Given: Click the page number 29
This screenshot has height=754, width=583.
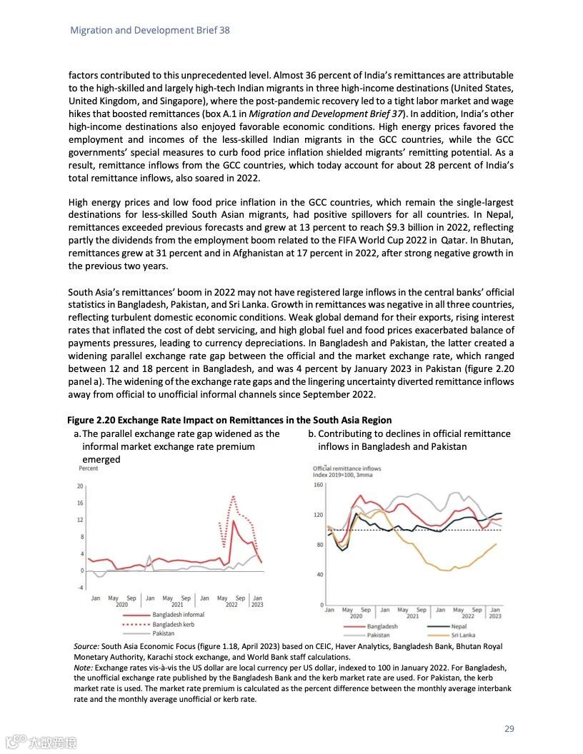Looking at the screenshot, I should pyautogui.click(x=509, y=729).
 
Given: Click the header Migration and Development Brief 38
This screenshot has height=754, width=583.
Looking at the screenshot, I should pyautogui.click(x=149, y=31).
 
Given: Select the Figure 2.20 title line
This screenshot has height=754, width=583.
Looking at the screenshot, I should pyautogui.click(x=229, y=420).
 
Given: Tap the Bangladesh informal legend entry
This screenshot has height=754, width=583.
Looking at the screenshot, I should pyautogui.click(x=178, y=614).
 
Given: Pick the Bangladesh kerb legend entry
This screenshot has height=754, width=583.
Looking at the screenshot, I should pyautogui.click(x=174, y=623).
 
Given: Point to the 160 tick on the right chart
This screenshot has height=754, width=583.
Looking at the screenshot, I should pyautogui.click(x=319, y=486).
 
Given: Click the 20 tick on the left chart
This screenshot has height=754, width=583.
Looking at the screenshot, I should pyautogui.click(x=81, y=486).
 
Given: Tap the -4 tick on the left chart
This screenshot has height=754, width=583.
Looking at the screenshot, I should pyautogui.click(x=81, y=587).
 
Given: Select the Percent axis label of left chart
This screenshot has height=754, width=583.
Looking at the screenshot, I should pyautogui.click(x=89, y=468).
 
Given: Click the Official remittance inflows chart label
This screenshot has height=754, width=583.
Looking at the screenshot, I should pyautogui.click(x=347, y=468).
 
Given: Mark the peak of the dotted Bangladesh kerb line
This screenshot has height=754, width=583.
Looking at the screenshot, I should pyautogui.click(x=233, y=496).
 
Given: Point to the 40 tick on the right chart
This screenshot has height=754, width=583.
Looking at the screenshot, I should pyautogui.click(x=320, y=575).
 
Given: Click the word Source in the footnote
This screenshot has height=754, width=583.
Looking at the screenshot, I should pyautogui.click(x=87, y=646).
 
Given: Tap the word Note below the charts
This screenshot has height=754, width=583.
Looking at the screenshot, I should pyautogui.click(x=84, y=667).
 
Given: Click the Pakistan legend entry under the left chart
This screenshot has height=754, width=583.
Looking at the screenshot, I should pyautogui.click(x=164, y=633).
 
